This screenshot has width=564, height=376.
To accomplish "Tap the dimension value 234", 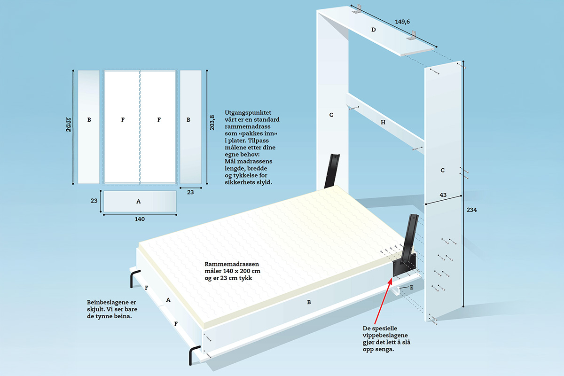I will [472, 211].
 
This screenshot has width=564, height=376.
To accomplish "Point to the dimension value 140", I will [140, 219].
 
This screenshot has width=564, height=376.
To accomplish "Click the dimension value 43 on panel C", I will [443, 195].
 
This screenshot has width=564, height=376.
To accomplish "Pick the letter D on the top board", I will [374, 30].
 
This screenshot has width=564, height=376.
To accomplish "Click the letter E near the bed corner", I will [412, 287].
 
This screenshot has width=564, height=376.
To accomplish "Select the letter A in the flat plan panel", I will [138, 201].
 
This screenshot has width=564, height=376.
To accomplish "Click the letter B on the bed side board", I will [309, 302].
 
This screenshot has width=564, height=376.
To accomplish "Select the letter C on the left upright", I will [331, 115].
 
